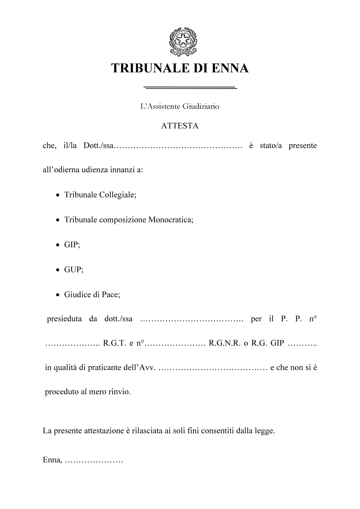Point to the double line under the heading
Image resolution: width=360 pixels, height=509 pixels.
coord(190,87)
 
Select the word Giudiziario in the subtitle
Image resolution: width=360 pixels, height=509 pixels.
coord(201,106)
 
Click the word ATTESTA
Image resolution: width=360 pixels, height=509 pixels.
coord(180,126)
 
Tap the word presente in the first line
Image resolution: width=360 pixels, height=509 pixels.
coord(303,146)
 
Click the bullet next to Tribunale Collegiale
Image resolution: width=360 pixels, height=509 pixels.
coord(58,195)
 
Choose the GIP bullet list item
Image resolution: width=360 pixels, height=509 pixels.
coord(72,245)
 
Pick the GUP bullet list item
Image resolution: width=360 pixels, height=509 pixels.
coord(74,270)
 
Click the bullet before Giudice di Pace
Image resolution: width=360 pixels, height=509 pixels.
coord(58,295)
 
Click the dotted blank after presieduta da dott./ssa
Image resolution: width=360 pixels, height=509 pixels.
coord(191,319)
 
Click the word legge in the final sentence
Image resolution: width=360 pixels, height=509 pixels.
coord(265,431)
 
